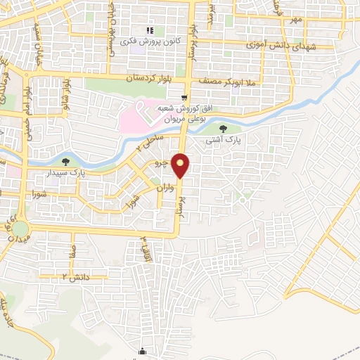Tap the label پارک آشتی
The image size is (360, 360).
(x=222, y=141)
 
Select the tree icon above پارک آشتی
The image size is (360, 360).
(x=224, y=129)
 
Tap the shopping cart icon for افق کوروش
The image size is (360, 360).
(x=184, y=98)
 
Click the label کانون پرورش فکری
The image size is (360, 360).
(x=152, y=42)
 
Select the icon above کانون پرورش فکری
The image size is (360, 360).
(x=149, y=30)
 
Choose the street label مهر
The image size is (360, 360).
(x=297, y=20)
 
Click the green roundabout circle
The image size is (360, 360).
(x=20, y=229)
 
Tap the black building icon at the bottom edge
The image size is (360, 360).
(x=144, y=352)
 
